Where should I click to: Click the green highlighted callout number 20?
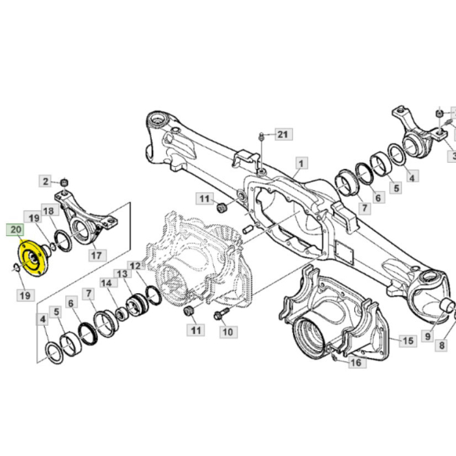tap(15, 229)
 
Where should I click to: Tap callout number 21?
tap(281, 135)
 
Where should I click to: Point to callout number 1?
tap(301, 162)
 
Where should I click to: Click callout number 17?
tap(96, 255)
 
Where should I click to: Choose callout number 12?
tap(135, 266)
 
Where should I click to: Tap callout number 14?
tap(106, 283)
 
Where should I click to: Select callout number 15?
tap(407, 341)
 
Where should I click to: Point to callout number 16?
tap(356, 362)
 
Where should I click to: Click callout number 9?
tap(427, 336)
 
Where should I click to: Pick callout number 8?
tap(442, 345)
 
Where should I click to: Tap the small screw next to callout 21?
tap(261, 136)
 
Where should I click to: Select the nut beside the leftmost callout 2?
tap(64, 182)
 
